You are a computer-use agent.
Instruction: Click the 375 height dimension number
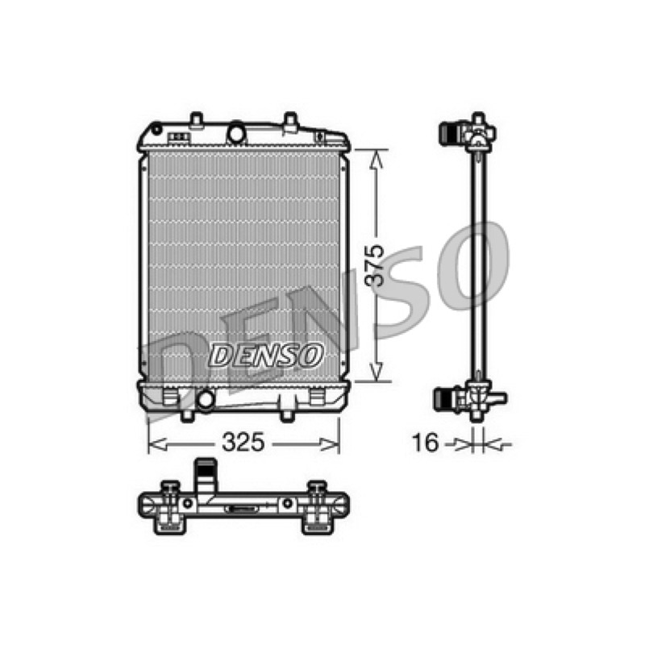coord(375,265)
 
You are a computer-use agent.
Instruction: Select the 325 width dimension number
coord(243,443)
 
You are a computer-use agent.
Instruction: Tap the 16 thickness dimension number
coord(426,443)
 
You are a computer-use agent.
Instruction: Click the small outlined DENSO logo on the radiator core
coord(266,356)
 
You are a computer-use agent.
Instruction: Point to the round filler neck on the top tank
coord(236,133)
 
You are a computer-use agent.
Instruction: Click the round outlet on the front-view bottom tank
coord(205,399)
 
